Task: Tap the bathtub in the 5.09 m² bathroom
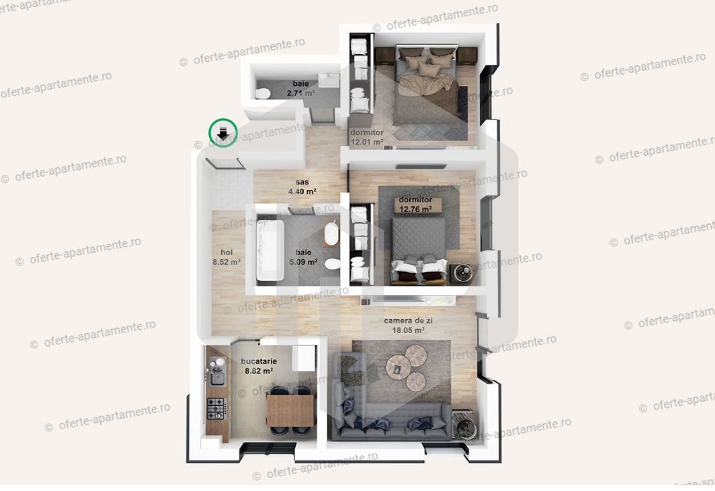click(x=270, y=250)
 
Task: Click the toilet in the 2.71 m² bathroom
click(x=263, y=93)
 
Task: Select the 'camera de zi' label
click(x=408, y=321)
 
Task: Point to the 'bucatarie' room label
click(x=259, y=361)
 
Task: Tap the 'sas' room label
click(x=302, y=182)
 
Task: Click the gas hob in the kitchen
click(x=216, y=407)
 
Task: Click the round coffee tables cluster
click(x=407, y=367)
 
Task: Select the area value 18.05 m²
click(x=408, y=330)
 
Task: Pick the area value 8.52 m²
click(x=226, y=262)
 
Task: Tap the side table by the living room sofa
click(x=463, y=422)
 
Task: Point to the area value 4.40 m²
click(x=302, y=191)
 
